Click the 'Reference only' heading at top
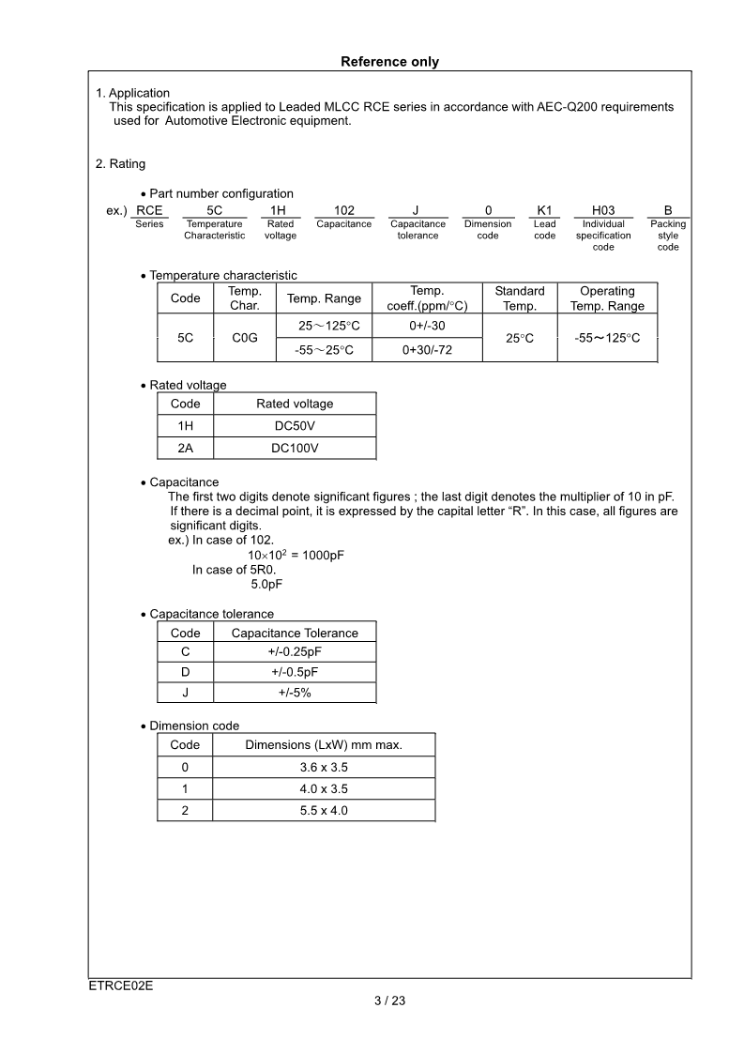pyautogui.click(x=389, y=62)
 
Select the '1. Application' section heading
pyautogui.click(x=133, y=93)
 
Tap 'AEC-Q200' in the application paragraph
pyautogui.click(x=550, y=107)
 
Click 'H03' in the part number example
pyautogui.click(x=603, y=211)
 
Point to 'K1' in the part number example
pyautogui.click(x=544, y=211)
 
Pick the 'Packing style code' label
pyautogui.click(x=667, y=236)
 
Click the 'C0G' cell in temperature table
pyautogui.click(x=244, y=337)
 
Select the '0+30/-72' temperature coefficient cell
pyautogui.click(x=427, y=349)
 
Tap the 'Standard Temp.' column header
pyautogui.click(x=519, y=298)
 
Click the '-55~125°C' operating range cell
pyautogui.click(x=607, y=337)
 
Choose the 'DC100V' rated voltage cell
pyautogui.click(x=295, y=449)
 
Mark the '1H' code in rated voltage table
pyautogui.click(x=185, y=426)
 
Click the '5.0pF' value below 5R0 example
pyautogui.click(x=266, y=584)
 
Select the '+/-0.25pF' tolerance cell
pyautogui.click(x=295, y=651)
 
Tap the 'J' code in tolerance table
pyautogui.click(x=185, y=693)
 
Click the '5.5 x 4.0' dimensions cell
pyautogui.click(x=324, y=810)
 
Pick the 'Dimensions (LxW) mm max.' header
pyautogui.click(x=324, y=744)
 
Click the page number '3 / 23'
pyautogui.click(x=389, y=1001)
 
